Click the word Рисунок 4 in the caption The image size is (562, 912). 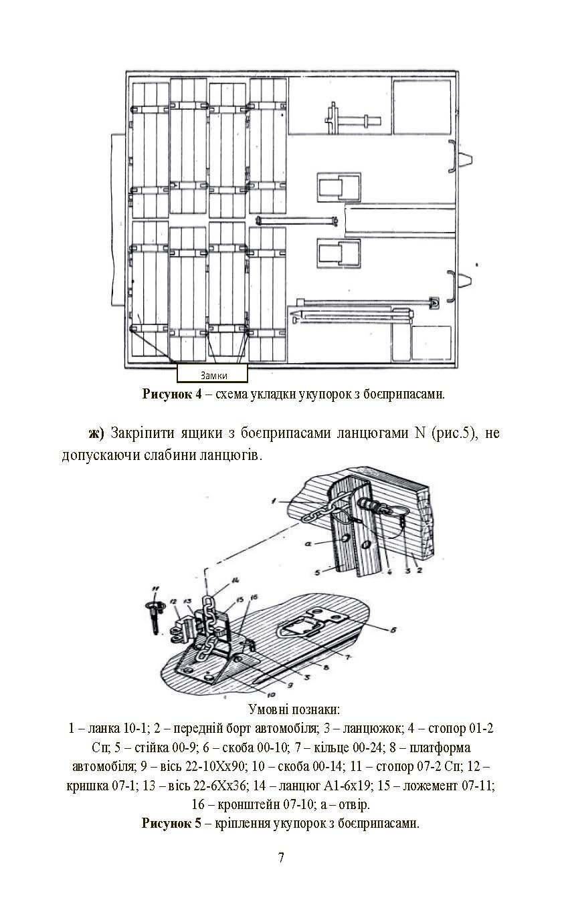tap(171, 394)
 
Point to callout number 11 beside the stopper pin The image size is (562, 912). tap(156, 589)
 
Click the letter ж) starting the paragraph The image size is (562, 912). tap(97, 433)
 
